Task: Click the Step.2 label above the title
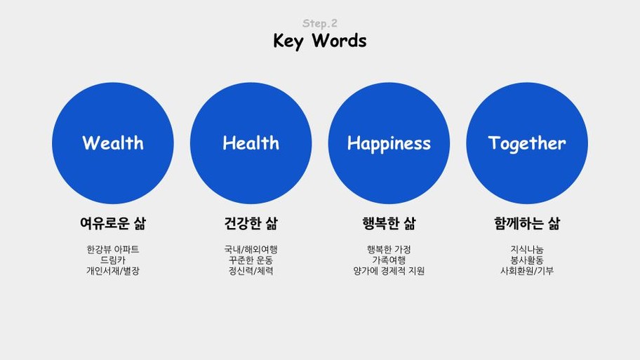[319, 23]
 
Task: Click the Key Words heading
[319, 41]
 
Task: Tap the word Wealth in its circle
[113, 143]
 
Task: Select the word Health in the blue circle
[251, 143]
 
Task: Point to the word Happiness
[389, 144]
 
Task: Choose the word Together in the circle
[527, 144]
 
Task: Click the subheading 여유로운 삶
[113, 223]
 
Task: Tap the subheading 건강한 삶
[251, 223]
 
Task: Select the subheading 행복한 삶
[389, 223]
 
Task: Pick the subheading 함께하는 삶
[527, 223]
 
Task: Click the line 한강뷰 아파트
[113, 249]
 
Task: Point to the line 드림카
[113, 260]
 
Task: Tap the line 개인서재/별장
[113, 271]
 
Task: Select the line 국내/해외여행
[251, 249]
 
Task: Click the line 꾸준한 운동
[251, 260]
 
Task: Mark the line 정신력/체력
[251, 271]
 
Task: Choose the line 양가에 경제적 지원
[389, 271]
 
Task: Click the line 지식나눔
[527, 249]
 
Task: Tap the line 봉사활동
[527, 260]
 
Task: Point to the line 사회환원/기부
[527, 271]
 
